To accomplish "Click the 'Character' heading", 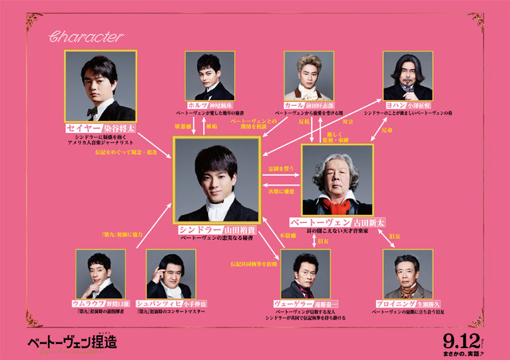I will click(x=85, y=37).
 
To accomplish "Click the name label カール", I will click(x=292, y=104).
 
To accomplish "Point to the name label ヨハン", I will click(x=393, y=104).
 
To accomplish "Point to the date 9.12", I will click(x=464, y=337).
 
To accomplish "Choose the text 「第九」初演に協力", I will click(x=116, y=235).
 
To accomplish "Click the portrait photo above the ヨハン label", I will click(x=411, y=76).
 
